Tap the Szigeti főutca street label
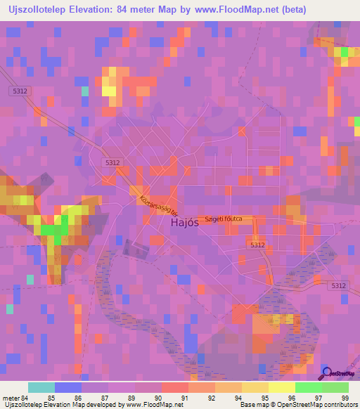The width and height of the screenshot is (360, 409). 224,219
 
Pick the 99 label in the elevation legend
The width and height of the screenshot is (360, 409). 345,398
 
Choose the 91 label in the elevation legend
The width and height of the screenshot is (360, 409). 184,398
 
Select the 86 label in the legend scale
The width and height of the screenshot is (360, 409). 77,398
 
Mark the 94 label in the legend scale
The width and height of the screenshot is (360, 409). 264,398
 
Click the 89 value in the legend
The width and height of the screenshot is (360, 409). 131,398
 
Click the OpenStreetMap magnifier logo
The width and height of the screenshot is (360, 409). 328,374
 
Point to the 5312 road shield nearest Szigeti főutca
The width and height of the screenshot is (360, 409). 257,244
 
